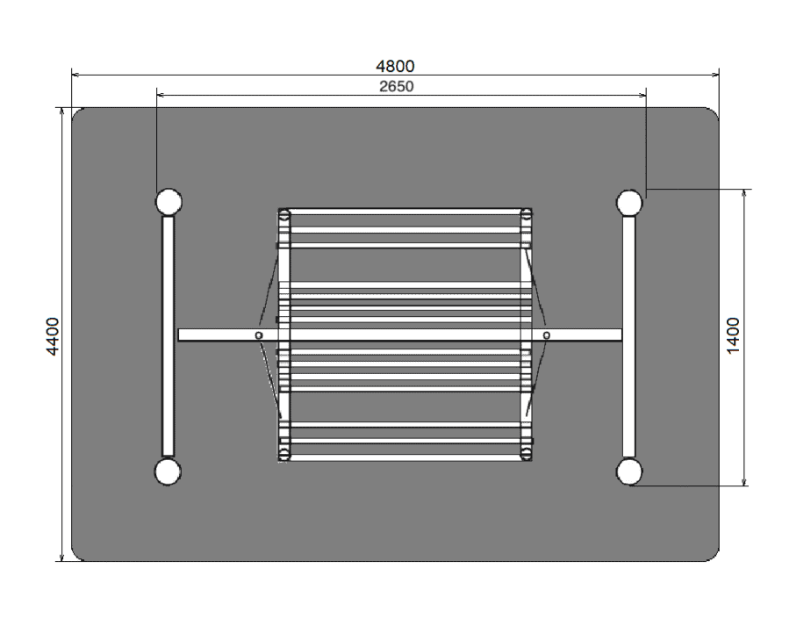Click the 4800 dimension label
click(x=395, y=66)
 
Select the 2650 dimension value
click(x=396, y=86)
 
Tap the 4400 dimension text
click(x=53, y=336)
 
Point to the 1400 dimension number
click(x=734, y=336)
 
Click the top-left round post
click(x=169, y=202)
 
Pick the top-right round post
click(x=629, y=203)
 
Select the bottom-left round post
click(x=168, y=471)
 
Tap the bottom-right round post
click(x=629, y=472)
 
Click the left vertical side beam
click(x=169, y=336)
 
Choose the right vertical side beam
click(x=629, y=337)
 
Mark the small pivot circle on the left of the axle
click(x=259, y=335)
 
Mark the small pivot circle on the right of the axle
click(x=547, y=335)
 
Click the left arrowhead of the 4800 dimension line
click(x=75, y=75)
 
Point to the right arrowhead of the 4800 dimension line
click(x=715, y=75)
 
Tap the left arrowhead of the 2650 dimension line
click(x=161, y=95)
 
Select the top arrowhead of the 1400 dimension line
click(x=744, y=193)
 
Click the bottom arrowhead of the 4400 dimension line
click(x=62, y=557)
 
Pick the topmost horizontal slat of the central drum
click(x=405, y=211)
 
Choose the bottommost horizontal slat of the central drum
click(x=405, y=457)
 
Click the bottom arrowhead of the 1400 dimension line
click(x=744, y=482)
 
